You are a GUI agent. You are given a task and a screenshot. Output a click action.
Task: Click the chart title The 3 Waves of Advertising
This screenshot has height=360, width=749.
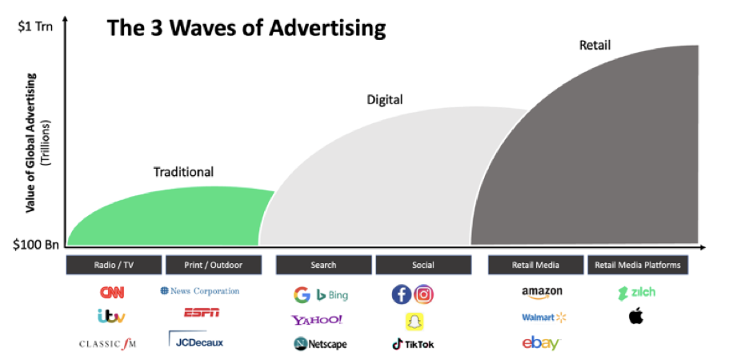coord(246,29)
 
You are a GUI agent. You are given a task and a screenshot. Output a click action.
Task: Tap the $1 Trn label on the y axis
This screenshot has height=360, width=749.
coord(35,26)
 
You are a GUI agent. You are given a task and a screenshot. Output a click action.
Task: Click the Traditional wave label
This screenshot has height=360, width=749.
coord(183,171)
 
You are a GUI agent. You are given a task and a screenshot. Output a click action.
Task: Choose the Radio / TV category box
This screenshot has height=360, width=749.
coord(114,265)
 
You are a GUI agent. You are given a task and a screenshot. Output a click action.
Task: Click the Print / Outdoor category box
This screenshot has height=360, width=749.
coord(214,265)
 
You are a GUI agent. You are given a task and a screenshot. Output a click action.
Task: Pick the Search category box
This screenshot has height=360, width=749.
coord(323,265)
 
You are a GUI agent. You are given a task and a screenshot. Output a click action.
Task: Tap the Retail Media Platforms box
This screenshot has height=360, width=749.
coord(638,265)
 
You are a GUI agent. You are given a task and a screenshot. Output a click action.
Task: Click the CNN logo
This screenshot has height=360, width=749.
coord(111,293)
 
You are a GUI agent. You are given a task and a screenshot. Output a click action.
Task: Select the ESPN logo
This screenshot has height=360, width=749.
coord(202,313)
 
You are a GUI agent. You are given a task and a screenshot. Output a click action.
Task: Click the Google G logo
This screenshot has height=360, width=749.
coord(302,295)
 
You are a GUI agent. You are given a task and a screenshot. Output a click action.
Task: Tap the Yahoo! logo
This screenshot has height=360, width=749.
coord(317,320)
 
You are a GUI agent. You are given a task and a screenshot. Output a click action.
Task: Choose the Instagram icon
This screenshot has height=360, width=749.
coord(424,294)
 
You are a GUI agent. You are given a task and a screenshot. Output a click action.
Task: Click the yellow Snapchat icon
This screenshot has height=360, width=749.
coord(413,321)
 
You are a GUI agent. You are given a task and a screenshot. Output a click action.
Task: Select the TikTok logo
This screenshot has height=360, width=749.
coord(413,344)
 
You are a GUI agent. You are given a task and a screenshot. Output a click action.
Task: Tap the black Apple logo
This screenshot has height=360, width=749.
coord(636,317)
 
